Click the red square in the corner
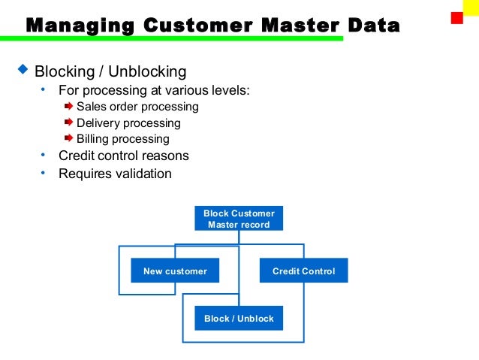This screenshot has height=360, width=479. [x=456, y=17]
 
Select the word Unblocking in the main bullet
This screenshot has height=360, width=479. [x=147, y=72]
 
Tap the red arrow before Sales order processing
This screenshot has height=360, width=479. [x=68, y=106]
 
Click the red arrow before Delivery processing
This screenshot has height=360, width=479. [x=68, y=123]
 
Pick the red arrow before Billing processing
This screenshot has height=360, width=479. [x=68, y=138]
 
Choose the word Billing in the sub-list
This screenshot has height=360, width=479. [x=93, y=139]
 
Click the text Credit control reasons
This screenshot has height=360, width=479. [x=124, y=156]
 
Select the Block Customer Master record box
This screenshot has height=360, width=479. [x=239, y=219]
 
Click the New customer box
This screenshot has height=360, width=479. [x=175, y=271]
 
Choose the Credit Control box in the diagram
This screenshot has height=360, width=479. [x=303, y=271]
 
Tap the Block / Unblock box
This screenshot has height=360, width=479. [x=239, y=319]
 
